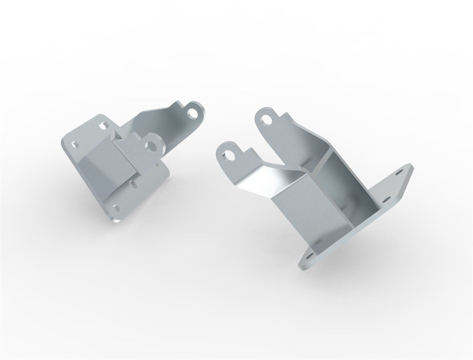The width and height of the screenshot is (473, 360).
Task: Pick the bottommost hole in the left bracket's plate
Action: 115,207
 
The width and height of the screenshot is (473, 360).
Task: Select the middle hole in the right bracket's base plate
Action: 386,199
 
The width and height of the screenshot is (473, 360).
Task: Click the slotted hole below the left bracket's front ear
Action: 133,182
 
